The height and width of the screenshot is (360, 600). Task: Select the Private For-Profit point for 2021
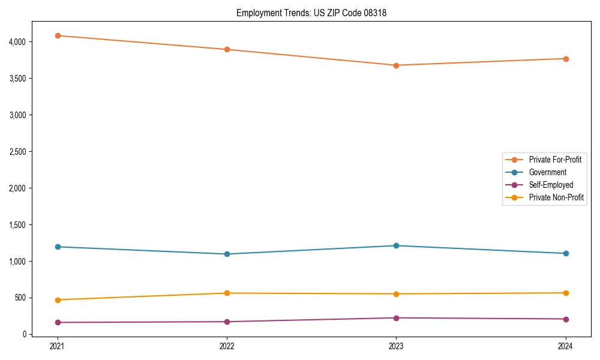58,35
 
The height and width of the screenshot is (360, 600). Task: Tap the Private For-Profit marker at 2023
396,65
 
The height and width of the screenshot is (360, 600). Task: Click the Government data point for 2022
227,254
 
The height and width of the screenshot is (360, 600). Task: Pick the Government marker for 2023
396,245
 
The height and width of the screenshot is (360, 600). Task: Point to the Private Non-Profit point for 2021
58,300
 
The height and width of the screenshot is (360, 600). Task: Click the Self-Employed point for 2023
396,318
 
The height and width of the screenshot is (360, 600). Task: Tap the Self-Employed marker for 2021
58,323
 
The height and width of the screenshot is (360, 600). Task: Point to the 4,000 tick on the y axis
17,42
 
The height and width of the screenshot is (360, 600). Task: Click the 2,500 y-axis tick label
17,152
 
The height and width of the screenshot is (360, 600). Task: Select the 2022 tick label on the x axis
227,346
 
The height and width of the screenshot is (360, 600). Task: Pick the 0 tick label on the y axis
24,334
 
